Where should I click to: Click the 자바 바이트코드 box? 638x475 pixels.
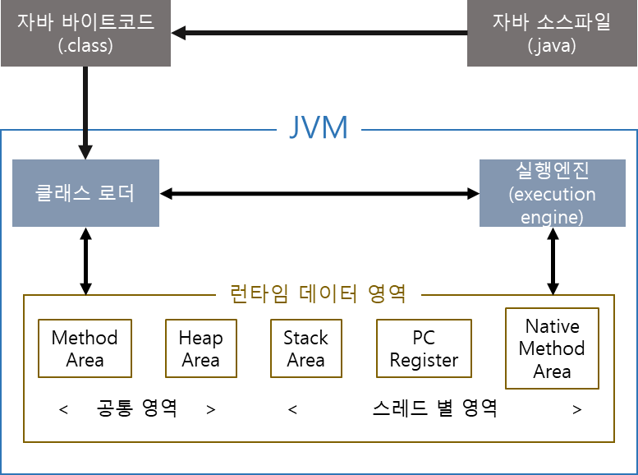pyautogui.click(x=85, y=33)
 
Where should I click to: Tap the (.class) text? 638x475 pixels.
pyautogui.click(x=85, y=46)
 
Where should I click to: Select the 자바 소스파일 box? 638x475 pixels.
pyautogui.click(x=552, y=33)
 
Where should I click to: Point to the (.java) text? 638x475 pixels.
pyautogui.click(x=552, y=46)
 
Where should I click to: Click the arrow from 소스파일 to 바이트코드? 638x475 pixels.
pyautogui.click(x=320, y=33)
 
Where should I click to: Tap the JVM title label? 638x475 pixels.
pyautogui.click(x=319, y=127)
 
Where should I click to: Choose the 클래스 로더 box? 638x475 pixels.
pyautogui.click(x=85, y=193)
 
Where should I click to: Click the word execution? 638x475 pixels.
pyautogui.click(x=552, y=195)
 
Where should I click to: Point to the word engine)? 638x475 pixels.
pyautogui.click(x=552, y=217)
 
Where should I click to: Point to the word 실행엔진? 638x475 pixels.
pyautogui.click(x=552, y=172)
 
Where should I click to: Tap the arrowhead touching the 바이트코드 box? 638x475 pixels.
pyautogui.click(x=178, y=33)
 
